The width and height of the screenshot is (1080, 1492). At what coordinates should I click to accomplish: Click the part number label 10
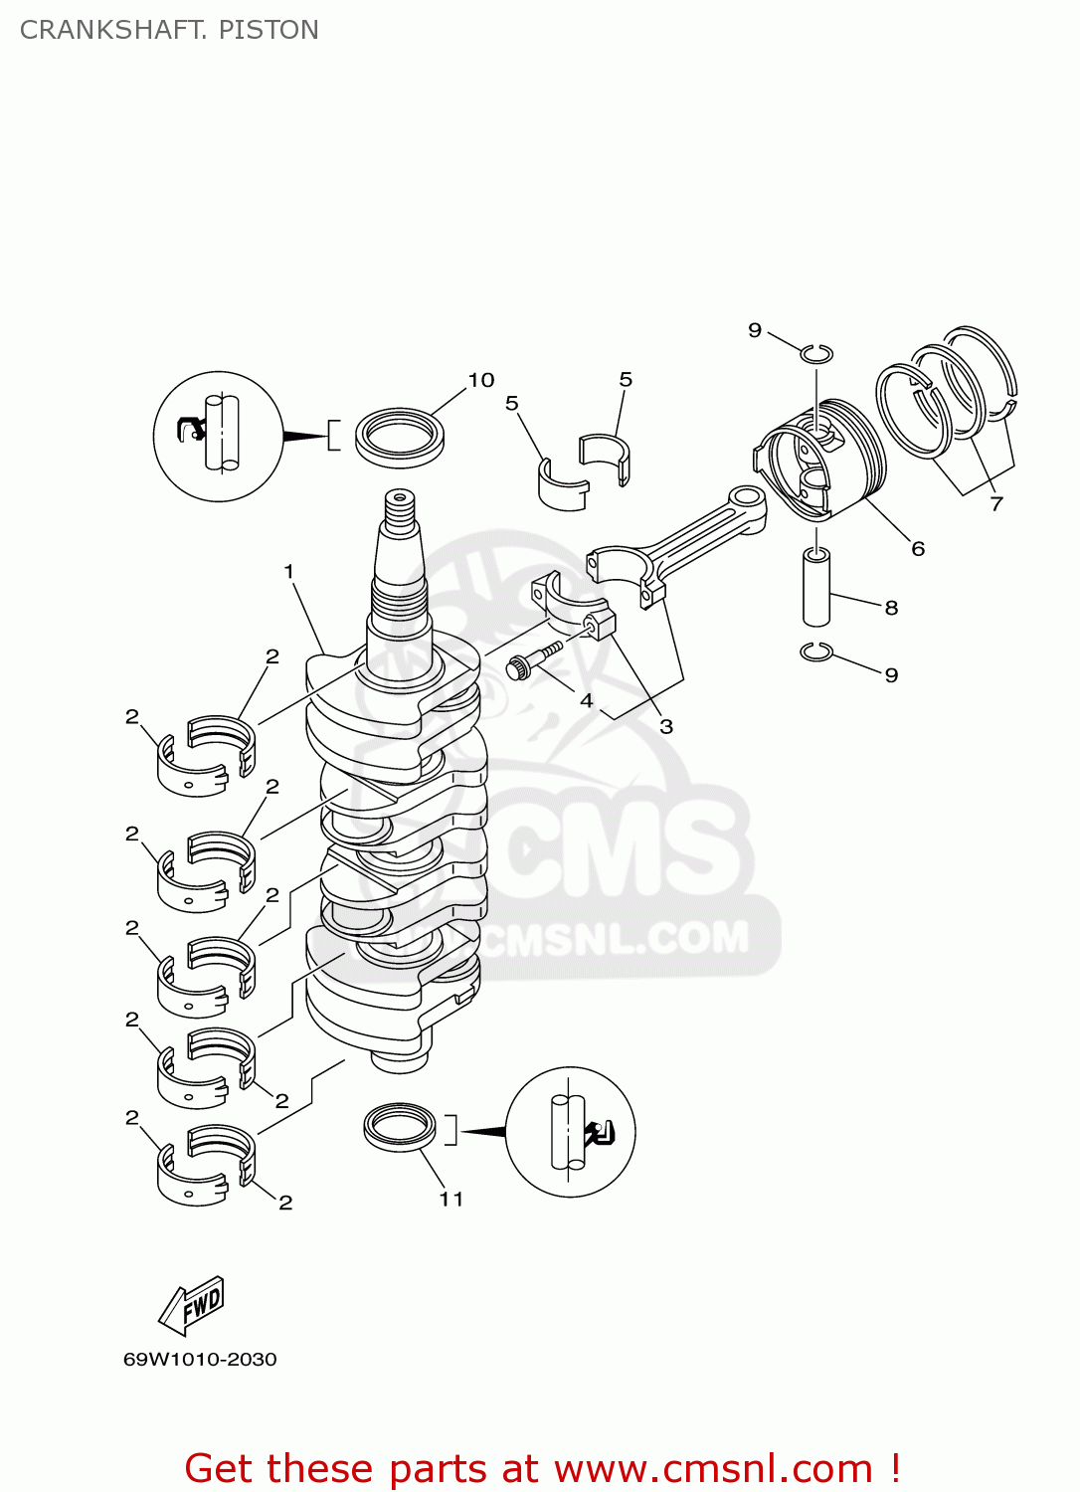click(481, 380)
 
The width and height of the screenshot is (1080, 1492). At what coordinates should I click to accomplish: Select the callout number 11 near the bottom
click(451, 1199)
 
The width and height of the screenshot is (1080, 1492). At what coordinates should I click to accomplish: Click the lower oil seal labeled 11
click(400, 1127)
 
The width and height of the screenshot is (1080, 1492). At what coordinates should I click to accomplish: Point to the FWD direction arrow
click(193, 1304)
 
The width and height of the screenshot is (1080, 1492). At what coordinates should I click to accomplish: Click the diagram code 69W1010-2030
click(200, 1359)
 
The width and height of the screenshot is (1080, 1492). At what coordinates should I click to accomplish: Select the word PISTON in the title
click(269, 30)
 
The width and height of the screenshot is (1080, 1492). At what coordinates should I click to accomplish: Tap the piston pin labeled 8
click(816, 587)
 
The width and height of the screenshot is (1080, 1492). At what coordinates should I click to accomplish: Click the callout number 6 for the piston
click(918, 548)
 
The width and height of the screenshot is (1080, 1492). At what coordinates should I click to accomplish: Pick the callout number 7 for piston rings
click(996, 503)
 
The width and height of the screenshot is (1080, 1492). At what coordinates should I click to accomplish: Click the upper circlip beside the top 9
click(816, 353)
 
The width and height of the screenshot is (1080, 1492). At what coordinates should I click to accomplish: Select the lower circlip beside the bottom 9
click(815, 653)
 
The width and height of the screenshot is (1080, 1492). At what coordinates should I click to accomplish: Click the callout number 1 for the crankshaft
click(288, 571)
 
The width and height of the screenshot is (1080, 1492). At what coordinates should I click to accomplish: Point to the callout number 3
click(666, 726)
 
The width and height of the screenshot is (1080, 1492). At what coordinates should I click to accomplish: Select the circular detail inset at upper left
click(219, 436)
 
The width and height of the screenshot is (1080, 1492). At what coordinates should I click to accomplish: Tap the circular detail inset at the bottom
click(570, 1132)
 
